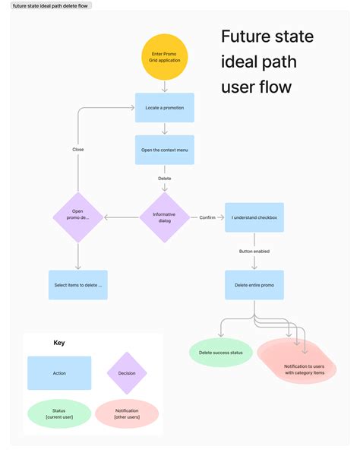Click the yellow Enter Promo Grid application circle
(164, 56)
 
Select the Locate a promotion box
(164, 108)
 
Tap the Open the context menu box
(164, 150)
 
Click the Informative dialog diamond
(164, 217)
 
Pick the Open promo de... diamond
(77, 217)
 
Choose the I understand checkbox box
(254, 217)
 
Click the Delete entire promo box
(254, 284)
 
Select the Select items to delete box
(77, 285)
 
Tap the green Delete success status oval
(220, 353)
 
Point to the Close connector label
(77, 150)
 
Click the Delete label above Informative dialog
(164, 179)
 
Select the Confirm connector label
(207, 217)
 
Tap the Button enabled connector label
(254, 251)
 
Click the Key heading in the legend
(58, 343)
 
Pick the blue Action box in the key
(59, 373)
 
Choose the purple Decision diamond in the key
(127, 373)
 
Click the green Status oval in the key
(59, 413)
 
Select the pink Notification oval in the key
(127, 413)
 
